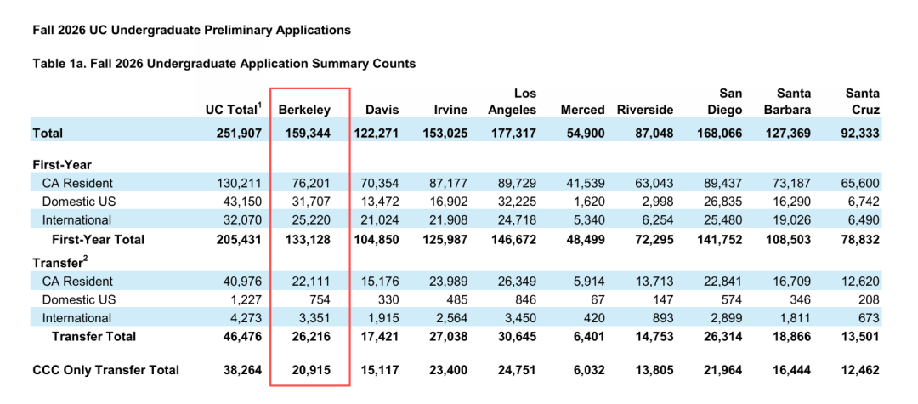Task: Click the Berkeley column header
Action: (304, 110)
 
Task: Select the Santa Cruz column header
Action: (863, 101)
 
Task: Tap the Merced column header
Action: (582, 110)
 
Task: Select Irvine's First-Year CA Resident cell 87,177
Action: (449, 182)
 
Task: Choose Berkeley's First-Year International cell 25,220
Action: (312, 220)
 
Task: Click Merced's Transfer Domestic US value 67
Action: (598, 299)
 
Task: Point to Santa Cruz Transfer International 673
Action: (870, 318)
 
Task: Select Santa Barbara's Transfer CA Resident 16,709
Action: (793, 281)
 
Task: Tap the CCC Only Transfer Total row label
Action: (106, 370)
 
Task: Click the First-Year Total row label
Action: (99, 240)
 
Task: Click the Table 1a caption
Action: (224, 64)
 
